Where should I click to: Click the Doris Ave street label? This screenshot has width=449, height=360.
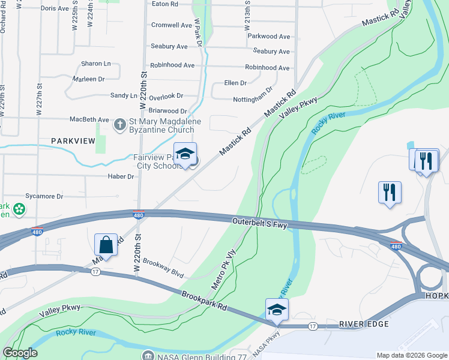click(55, 8)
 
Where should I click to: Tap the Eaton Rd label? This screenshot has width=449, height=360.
click(165, 4)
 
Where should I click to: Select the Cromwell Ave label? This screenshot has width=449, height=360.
click(172, 25)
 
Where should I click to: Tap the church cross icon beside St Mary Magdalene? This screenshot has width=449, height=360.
click(119, 124)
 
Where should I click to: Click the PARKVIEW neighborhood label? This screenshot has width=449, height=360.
click(73, 140)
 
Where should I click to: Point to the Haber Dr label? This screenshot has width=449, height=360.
click(122, 176)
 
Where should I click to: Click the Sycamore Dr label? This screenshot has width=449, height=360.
click(44, 196)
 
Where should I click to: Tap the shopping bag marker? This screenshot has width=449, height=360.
click(106, 244)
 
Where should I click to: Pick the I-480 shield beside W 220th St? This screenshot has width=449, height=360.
click(138, 214)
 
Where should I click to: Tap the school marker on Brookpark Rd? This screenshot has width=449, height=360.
click(277, 310)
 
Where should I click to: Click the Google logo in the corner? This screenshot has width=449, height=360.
click(20, 353)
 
